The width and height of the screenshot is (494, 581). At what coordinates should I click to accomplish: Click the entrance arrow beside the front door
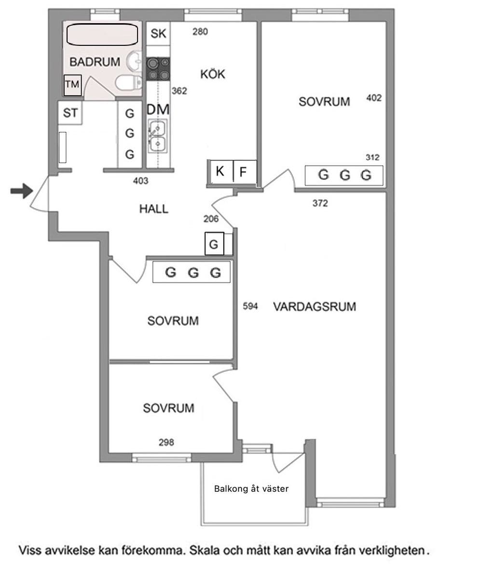(x=22, y=191)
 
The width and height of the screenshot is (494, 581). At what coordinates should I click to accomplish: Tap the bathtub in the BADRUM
(x=102, y=35)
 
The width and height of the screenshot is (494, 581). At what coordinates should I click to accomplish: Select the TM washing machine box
(x=72, y=85)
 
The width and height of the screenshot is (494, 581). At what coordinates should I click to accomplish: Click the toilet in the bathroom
(x=129, y=83)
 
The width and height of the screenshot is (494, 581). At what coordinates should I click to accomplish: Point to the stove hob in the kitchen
(x=158, y=69)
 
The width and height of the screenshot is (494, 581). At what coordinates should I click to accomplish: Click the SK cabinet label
(x=158, y=34)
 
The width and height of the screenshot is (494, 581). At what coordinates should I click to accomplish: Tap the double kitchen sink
(x=158, y=136)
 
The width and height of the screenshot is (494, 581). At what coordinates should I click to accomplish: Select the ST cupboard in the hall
(x=70, y=113)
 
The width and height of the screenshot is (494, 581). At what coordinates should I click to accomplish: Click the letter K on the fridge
(x=220, y=171)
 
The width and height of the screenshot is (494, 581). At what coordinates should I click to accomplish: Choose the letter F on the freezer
(x=243, y=172)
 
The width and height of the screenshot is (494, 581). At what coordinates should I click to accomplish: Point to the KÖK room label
(x=213, y=74)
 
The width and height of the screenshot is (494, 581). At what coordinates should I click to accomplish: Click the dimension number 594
(x=250, y=306)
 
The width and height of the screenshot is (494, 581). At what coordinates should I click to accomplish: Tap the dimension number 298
(x=166, y=443)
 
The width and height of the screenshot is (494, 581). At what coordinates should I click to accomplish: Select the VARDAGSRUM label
(x=315, y=306)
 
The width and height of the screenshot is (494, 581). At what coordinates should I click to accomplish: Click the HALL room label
(x=154, y=209)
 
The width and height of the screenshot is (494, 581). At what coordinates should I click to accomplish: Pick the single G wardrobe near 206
(x=214, y=244)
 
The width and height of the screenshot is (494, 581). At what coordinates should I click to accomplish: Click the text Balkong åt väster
(x=251, y=488)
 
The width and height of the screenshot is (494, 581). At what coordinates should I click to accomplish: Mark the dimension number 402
(x=374, y=98)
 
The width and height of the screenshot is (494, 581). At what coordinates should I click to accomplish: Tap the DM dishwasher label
(x=158, y=110)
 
